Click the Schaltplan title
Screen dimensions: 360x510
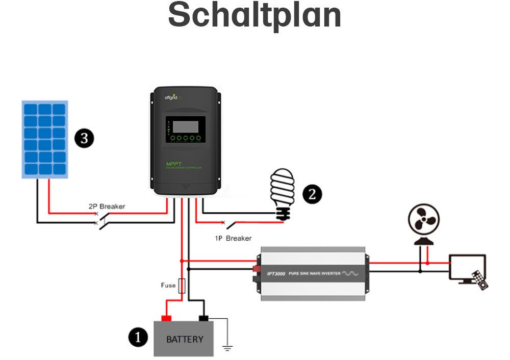pyautogui.click(x=254, y=16)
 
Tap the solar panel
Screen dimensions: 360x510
pyautogui.click(x=45, y=139)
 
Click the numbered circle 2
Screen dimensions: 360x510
pyautogui.click(x=312, y=194)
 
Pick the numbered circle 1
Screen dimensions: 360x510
pyautogui.click(x=138, y=337)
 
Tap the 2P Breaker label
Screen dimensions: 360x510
pyautogui.click(x=106, y=207)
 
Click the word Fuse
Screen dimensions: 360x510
pyautogui.click(x=168, y=286)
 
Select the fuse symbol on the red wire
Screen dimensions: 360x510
pyautogui.click(x=181, y=286)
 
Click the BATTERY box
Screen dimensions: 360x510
pyautogui.click(x=185, y=339)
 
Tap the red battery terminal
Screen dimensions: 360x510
pyautogui.click(x=166, y=318)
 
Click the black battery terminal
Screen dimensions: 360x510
pyautogui.click(x=203, y=318)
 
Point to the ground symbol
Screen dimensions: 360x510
pyautogui.click(x=227, y=348)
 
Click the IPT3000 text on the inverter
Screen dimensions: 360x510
pyautogui.click(x=275, y=274)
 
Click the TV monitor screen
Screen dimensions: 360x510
pyautogui.click(x=466, y=268)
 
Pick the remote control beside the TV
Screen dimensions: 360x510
pyautogui.click(x=480, y=280)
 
